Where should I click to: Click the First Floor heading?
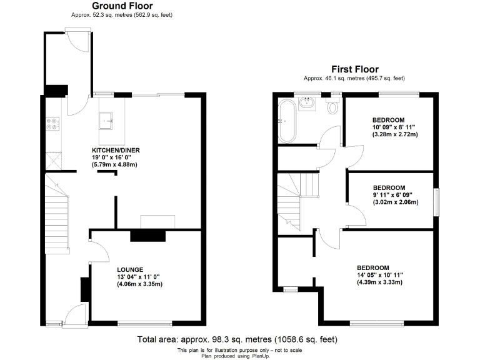coord(354,69)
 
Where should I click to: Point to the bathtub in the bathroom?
coord(288,119)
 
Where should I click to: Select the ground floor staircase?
coord(56,219)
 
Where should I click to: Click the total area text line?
coord(237,339)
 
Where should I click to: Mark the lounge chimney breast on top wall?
coord(148,235)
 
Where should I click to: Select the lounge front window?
coord(144,323)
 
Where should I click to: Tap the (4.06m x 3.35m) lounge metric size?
coord(139,284)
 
